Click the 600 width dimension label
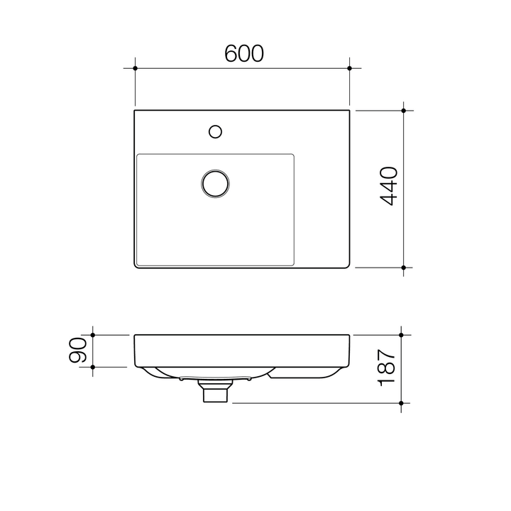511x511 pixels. (243, 53)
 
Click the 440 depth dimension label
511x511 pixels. (389, 187)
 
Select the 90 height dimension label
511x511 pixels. (78, 351)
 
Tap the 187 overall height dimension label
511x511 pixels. (386, 367)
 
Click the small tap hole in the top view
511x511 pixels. (216, 131)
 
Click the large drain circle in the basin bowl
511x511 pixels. (214, 182)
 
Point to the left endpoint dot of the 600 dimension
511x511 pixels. (134, 68)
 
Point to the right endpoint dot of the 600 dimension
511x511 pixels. (349, 68)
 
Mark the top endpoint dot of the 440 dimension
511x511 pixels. (403, 111)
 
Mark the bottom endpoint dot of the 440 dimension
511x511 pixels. (403, 268)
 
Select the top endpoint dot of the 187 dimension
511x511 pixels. (401, 334)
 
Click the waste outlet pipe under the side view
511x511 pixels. (215, 392)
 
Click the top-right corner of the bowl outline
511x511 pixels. (294, 155)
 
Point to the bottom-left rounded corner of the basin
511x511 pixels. (137, 265)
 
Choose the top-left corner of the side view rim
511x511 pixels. (135, 336)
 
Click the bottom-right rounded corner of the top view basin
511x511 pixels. (346, 265)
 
